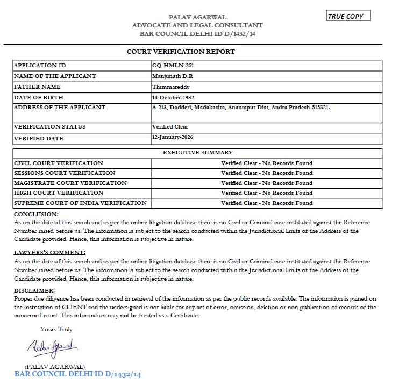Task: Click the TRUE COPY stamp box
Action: click(x=348, y=16)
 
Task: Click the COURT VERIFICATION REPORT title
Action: click(x=180, y=52)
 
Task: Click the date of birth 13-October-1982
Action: click(x=173, y=97)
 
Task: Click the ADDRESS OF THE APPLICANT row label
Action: click(x=59, y=108)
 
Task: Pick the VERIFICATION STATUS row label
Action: click(x=49, y=127)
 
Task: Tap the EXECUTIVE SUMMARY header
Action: click(x=197, y=153)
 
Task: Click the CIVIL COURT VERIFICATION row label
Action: click(x=58, y=163)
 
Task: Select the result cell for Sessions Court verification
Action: click(x=267, y=173)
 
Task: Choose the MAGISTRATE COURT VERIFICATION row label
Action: click(x=70, y=183)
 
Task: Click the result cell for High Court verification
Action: click(x=267, y=192)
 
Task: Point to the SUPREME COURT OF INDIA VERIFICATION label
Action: click(x=80, y=203)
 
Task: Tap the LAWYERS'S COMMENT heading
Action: click(x=49, y=252)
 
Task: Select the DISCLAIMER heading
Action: click(x=34, y=291)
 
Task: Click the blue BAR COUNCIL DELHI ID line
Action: click(x=77, y=374)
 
